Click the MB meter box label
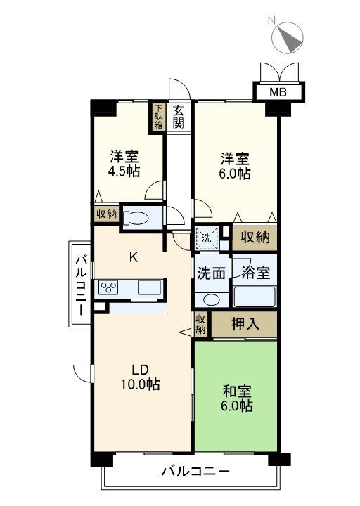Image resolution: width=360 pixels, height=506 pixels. (278, 92)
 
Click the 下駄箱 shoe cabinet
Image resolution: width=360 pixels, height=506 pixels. (157, 117)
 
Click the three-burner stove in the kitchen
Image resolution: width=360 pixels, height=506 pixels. (108, 287)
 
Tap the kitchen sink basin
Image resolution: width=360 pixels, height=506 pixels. (149, 287)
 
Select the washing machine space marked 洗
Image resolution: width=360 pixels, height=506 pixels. (207, 238)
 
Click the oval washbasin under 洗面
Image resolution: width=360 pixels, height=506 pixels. (211, 300)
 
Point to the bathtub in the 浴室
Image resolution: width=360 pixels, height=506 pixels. (254, 297)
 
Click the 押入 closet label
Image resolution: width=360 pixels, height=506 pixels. (245, 324)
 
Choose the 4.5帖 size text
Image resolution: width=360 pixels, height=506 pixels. (124, 171)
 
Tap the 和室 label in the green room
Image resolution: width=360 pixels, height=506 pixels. (237, 391)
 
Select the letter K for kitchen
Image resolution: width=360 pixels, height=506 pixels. (134, 257)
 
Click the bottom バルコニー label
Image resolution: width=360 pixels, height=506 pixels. (195, 472)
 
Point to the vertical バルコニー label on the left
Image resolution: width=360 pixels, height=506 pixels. (81, 285)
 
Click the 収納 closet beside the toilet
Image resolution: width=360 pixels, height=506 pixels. (107, 214)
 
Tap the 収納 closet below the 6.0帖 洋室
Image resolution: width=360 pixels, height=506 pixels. (255, 238)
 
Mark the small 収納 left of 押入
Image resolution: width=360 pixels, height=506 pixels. (200, 324)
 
